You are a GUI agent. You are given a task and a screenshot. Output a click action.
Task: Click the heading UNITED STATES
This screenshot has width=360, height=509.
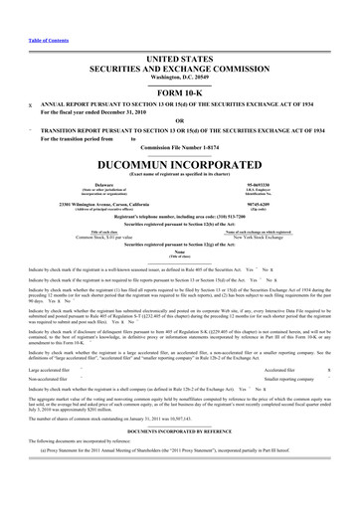179,60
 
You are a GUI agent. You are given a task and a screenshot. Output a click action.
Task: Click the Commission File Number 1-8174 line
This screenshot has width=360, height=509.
179,147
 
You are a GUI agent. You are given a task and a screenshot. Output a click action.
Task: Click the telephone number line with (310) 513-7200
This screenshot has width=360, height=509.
179,216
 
